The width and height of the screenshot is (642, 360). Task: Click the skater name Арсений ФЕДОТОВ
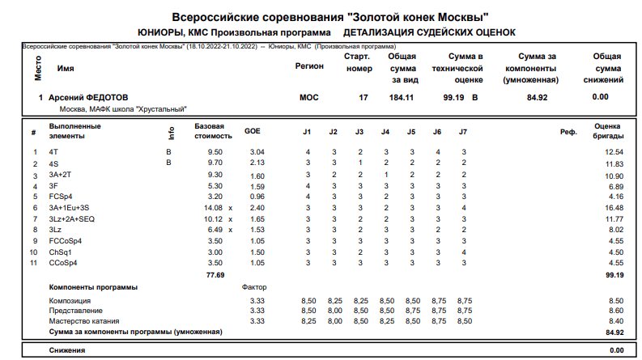(88, 97)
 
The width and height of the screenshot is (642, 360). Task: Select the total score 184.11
(402, 97)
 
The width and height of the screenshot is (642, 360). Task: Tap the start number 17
(363, 97)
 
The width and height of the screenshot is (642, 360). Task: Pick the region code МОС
(308, 97)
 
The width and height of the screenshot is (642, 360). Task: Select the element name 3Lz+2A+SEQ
(72, 218)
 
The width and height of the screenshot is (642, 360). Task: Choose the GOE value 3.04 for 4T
(257, 152)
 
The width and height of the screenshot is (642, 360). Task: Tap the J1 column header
(308, 131)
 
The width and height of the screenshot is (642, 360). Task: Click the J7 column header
(463, 131)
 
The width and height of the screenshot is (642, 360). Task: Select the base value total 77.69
(215, 275)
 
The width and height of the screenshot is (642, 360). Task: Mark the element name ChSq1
(61, 252)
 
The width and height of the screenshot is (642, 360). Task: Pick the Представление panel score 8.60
(615, 311)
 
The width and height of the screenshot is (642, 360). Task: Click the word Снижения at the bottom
(67, 350)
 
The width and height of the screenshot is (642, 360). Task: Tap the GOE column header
(253, 131)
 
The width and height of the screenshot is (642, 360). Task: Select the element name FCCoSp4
(65, 240)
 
